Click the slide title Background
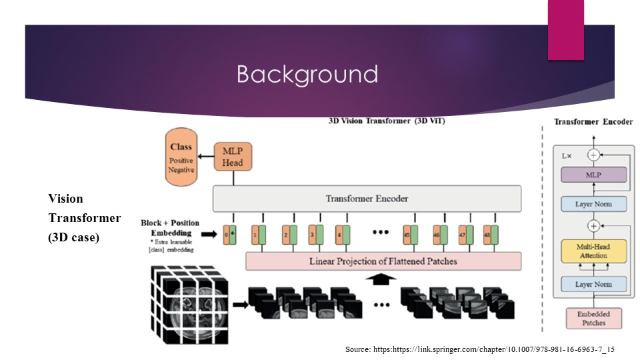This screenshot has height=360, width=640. click(x=307, y=74)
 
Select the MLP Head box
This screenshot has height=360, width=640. click(x=233, y=155)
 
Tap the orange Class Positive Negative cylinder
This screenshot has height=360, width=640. click(x=181, y=158)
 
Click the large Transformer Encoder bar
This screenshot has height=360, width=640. click(x=366, y=199)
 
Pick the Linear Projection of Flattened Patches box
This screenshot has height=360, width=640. click(x=383, y=261)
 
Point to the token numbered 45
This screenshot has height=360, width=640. click(x=410, y=235)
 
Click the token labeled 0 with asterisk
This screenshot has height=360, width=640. click(x=230, y=235)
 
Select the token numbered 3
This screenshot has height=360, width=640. click(x=315, y=235)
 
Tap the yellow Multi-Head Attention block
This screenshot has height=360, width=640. click(x=593, y=251)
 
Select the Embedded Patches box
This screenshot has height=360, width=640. click(x=593, y=318)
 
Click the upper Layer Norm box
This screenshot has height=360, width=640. click(x=593, y=204)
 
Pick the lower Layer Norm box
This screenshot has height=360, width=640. click(x=593, y=285)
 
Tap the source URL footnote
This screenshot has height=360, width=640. click(x=479, y=349)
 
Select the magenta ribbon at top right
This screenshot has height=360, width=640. click(x=565, y=29)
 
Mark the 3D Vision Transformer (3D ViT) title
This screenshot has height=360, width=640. click(x=387, y=121)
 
